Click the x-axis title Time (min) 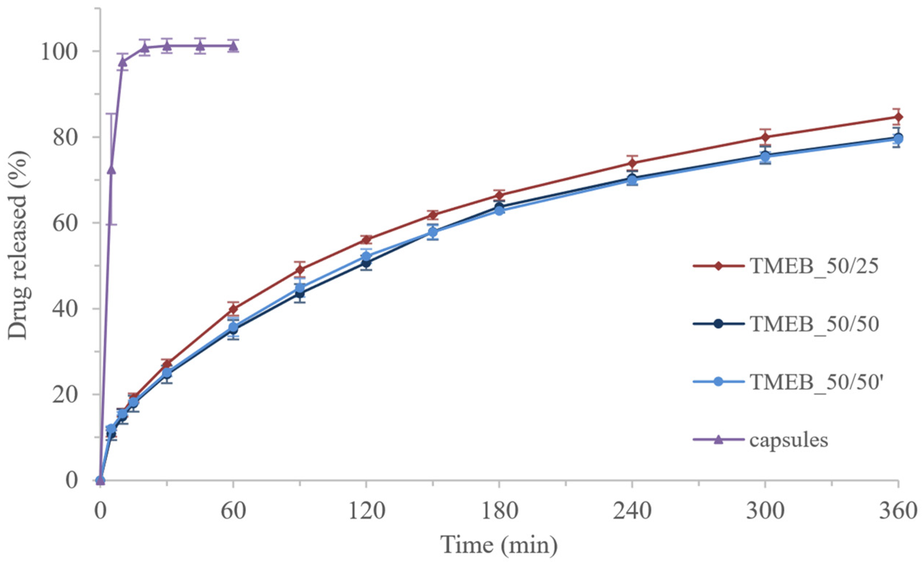pos(499,545)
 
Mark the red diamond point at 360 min pos(898,117)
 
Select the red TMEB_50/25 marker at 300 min pos(765,137)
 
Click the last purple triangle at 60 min pos(233,46)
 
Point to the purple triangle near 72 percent pos(111,170)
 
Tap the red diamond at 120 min pos(366,240)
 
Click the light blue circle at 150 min pos(433,232)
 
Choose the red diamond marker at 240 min pos(632,163)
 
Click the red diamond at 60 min pos(233,309)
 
